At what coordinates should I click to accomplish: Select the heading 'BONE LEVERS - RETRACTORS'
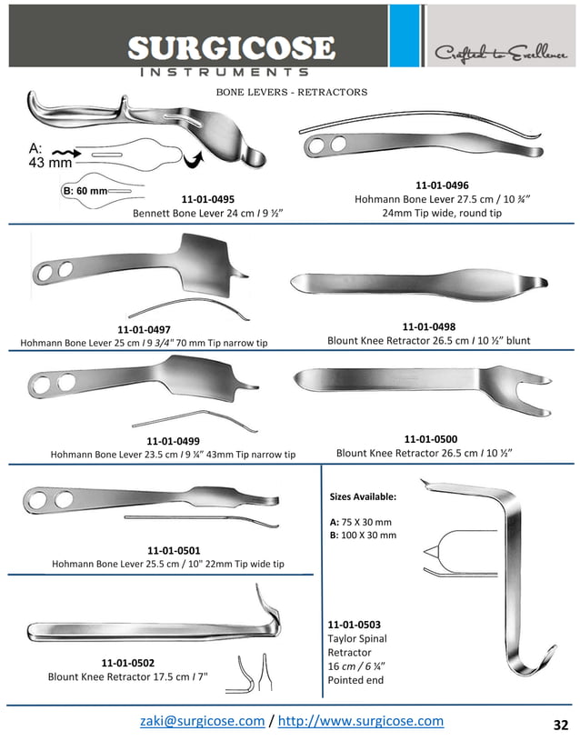(291, 93)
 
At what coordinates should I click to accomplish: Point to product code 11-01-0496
(442, 185)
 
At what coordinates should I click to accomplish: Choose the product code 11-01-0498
(428, 325)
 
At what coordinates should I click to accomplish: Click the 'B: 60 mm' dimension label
(85, 191)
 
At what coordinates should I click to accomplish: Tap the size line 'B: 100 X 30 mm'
(362, 535)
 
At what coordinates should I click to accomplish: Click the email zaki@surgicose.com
(202, 721)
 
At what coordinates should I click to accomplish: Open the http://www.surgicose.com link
(360, 721)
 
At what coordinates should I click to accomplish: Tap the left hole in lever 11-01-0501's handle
(40, 499)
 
